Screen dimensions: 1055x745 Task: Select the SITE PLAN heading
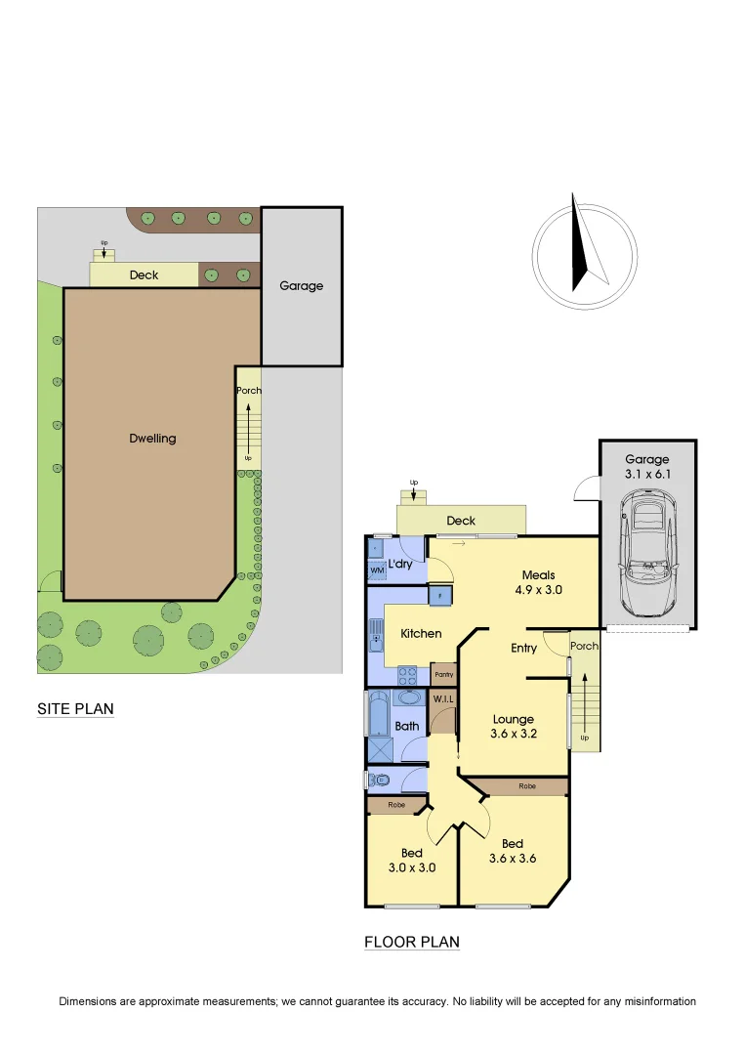coord(75,709)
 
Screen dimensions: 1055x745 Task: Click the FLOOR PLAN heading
coord(411,943)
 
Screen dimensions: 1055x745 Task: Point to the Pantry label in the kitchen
coord(443,675)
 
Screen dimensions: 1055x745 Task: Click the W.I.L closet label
coord(443,698)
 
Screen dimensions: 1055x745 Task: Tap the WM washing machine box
coord(377,570)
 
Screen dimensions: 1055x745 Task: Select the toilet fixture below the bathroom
coord(382,780)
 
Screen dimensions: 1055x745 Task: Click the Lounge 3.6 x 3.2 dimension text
coord(513,727)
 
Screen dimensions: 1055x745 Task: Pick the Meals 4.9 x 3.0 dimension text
coord(538,582)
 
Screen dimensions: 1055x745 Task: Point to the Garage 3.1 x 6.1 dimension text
coord(647,467)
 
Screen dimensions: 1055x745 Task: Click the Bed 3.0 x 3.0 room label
coord(411,860)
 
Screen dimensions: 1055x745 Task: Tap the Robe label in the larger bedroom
coord(526,785)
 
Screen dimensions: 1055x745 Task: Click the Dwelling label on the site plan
coord(152,438)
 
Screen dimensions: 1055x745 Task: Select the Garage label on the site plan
coord(301,286)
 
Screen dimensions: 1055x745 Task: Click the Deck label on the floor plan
coord(461,521)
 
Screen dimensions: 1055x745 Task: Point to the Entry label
coord(524,648)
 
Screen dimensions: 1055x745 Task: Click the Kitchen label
coord(421,634)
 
